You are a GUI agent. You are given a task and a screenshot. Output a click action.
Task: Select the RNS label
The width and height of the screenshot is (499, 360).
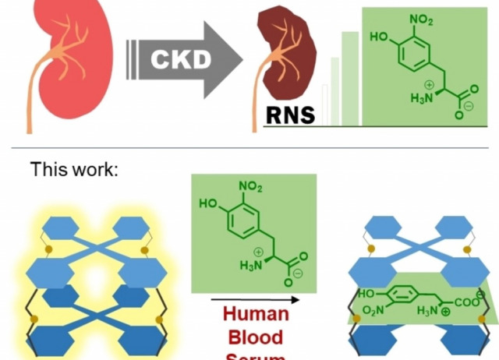pos(290,115)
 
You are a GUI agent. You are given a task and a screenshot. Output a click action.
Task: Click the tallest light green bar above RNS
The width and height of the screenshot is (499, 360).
pos(350,78)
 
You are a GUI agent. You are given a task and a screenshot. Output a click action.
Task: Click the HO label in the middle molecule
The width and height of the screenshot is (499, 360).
pos(209,205)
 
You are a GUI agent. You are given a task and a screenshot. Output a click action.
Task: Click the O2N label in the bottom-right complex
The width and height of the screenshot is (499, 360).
pos(373,312)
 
